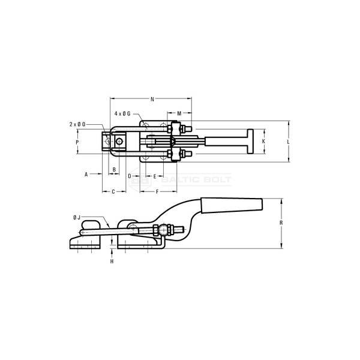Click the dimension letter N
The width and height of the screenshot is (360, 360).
pyautogui.click(x=152, y=99)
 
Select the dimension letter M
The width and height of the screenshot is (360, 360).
pyautogui.click(x=179, y=113)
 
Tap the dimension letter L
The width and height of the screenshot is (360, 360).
pyautogui.click(x=289, y=142)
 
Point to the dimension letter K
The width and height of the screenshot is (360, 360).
pyautogui.click(x=263, y=141)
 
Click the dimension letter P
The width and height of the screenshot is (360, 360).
pyautogui.click(x=77, y=142)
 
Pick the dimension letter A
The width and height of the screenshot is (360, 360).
pyautogui.click(x=86, y=175)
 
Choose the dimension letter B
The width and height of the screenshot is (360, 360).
pyautogui.click(x=114, y=170)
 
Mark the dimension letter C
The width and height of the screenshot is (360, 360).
pyautogui.click(x=113, y=192)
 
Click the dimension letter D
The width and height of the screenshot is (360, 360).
pyautogui.click(x=130, y=176)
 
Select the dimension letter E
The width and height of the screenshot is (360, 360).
pyautogui.click(x=155, y=176)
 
